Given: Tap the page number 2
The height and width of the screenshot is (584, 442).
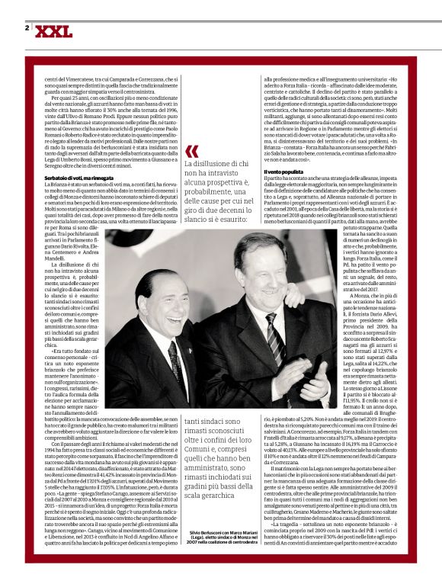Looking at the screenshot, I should click(27, 28).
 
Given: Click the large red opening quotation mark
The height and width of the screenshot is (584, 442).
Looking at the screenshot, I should click(191, 151).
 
